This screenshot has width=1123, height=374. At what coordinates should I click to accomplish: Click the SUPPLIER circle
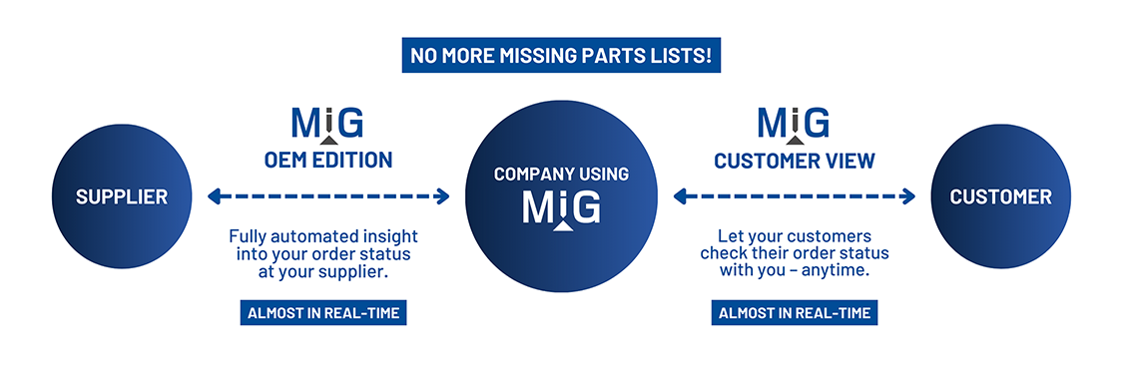[122, 196]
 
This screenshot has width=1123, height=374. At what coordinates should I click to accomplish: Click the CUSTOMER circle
[1000, 196]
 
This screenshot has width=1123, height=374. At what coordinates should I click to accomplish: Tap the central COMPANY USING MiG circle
[562, 195]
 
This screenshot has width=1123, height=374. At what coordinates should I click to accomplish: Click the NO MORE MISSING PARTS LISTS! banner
[561, 55]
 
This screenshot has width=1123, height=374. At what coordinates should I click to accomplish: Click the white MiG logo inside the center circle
[562, 209]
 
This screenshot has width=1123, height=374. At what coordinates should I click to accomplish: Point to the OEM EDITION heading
[327, 160]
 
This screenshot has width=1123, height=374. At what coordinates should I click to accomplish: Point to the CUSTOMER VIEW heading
[795, 160]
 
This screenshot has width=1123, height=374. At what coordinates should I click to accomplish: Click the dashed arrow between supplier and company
[327, 196]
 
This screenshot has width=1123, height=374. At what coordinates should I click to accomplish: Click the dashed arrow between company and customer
[795, 196]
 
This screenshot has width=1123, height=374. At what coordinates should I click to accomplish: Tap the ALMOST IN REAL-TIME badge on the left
[323, 313]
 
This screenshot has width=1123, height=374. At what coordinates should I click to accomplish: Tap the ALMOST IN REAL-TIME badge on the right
[795, 313]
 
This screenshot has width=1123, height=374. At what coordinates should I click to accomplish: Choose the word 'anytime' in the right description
[838, 270]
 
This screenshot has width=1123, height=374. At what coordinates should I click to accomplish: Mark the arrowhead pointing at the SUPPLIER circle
[214, 196]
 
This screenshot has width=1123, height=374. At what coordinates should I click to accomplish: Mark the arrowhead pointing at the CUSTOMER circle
[908, 196]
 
